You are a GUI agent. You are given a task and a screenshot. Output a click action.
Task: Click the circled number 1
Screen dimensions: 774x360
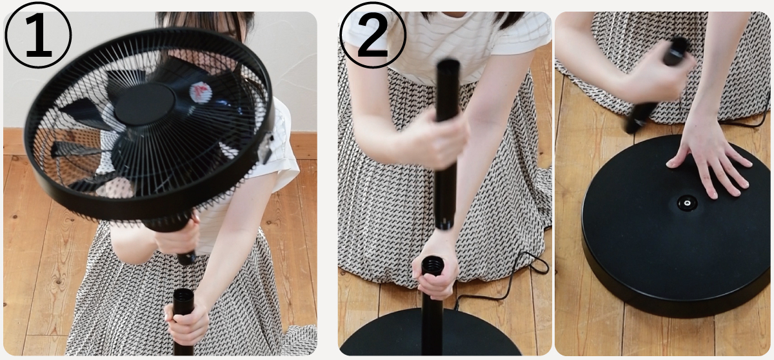click(38, 35)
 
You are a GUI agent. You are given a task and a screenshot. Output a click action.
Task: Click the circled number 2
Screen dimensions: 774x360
click(372, 35)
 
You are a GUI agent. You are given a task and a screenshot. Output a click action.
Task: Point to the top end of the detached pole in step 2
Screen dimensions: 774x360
click(448, 65)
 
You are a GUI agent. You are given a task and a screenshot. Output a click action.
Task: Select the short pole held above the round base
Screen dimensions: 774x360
click(657, 85)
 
